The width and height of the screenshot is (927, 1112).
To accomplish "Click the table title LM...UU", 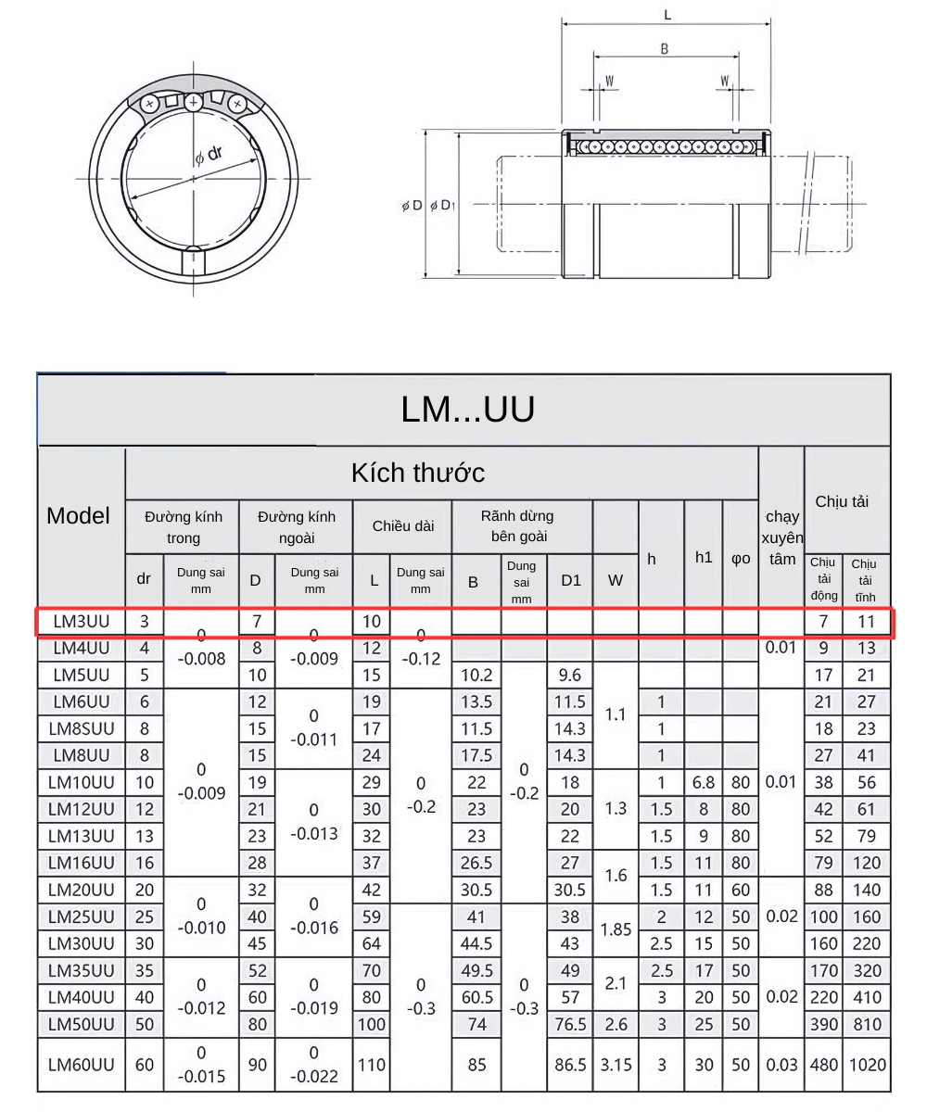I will [467, 410].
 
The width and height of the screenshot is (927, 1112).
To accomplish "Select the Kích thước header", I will [417, 473].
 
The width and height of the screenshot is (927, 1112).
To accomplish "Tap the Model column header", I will [79, 516].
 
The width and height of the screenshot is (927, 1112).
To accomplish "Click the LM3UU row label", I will [82, 622].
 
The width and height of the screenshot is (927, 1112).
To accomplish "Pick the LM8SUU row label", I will [82, 728].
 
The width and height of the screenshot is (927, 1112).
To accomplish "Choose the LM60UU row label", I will [82, 1065].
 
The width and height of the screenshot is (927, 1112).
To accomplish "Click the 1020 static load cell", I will [867, 1065].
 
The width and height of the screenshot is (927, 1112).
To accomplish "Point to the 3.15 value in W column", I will [616, 1065].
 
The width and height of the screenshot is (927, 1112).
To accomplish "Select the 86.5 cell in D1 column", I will [570, 1065].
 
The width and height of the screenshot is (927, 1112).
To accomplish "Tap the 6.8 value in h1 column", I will [704, 782].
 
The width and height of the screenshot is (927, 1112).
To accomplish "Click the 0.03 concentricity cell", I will [781, 1065].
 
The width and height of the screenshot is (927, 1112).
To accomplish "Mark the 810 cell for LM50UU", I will [867, 1025].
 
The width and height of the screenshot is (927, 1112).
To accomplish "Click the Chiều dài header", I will [403, 526].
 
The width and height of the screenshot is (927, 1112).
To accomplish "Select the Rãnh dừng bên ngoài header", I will [518, 525].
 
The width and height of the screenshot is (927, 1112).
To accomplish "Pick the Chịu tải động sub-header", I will [823, 579].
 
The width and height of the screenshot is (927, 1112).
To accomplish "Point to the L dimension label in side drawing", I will [667, 16].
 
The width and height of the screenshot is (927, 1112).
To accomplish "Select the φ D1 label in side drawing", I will [442, 206].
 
